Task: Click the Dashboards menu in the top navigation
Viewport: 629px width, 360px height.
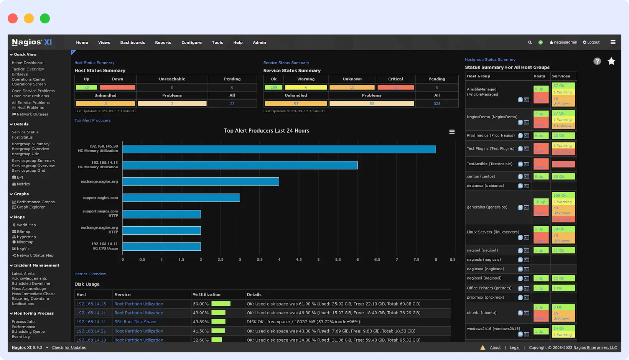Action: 132,43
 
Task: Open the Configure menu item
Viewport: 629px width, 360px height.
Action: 191,43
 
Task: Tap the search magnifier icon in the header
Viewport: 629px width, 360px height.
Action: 530,43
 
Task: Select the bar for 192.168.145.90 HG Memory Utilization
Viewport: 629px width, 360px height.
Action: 279,149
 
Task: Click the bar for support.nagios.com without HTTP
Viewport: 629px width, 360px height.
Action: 181,198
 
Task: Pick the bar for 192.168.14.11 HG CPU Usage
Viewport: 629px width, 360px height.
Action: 161,247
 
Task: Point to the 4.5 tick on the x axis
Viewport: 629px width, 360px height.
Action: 298,260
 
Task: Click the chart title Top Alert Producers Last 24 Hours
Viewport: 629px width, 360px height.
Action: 266,131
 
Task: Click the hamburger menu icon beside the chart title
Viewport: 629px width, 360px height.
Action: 452,132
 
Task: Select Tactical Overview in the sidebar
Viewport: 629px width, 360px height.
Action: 28,69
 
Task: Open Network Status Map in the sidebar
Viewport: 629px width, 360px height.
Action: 35,255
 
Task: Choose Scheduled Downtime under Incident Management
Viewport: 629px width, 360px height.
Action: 31,284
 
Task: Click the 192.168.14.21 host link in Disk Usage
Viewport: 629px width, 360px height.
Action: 91,331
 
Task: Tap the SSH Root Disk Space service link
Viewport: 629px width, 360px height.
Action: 135,322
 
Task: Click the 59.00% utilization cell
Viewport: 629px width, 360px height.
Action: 201,304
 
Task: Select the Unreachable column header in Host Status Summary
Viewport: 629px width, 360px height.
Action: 172,79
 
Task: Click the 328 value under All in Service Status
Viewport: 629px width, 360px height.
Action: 436,104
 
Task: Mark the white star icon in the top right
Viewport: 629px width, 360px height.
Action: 611,61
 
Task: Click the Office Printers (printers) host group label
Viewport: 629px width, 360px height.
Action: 489,288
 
